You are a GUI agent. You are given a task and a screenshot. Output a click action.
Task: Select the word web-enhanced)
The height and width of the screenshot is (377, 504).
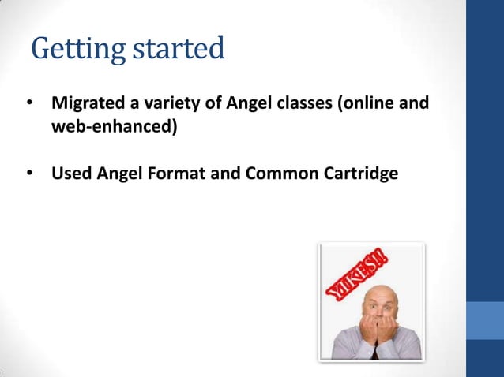[x=114, y=126]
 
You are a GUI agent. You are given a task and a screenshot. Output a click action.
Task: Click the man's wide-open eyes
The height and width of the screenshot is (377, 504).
[x=379, y=304]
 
